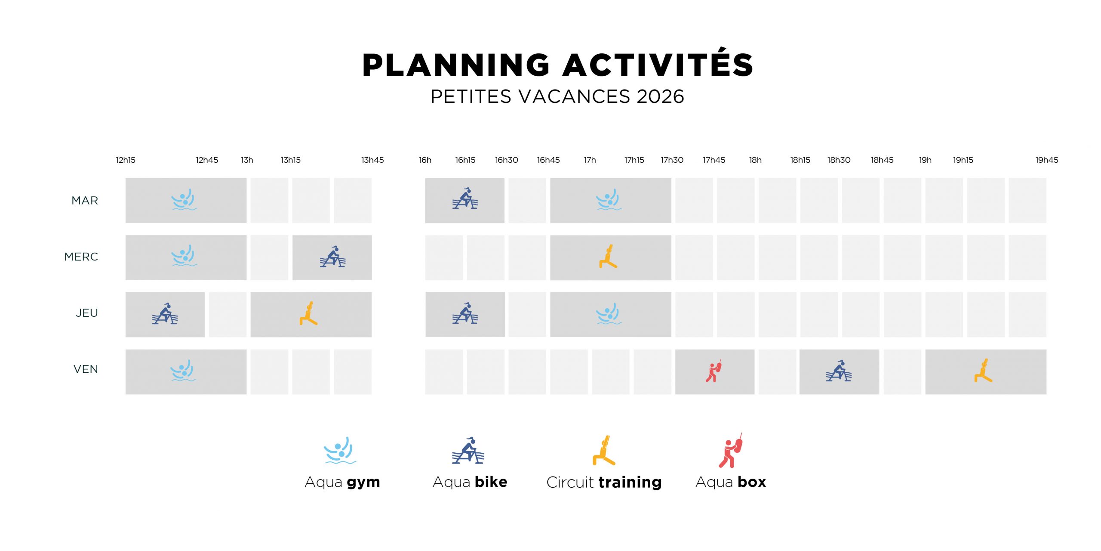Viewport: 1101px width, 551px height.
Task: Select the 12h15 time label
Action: (x=126, y=160)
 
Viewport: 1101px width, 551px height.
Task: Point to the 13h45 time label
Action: (x=372, y=160)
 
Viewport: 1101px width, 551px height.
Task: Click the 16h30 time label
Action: (x=507, y=160)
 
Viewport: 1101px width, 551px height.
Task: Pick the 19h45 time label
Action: (x=1047, y=160)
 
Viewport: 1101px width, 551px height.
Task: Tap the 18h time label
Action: (x=755, y=160)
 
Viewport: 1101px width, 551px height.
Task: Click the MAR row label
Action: (x=85, y=201)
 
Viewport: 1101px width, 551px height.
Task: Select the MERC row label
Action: (x=81, y=257)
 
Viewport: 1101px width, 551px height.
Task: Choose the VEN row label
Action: (x=86, y=369)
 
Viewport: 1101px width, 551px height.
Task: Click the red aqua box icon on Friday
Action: (x=713, y=371)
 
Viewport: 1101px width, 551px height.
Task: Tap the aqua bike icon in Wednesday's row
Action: (x=332, y=257)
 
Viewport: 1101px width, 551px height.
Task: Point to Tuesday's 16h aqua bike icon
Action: (x=465, y=198)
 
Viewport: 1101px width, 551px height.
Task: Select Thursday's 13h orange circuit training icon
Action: (x=308, y=313)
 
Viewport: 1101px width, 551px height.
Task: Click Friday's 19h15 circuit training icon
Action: (x=983, y=371)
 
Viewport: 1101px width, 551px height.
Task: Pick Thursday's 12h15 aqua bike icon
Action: (x=165, y=313)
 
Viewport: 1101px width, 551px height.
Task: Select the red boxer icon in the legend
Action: (x=731, y=450)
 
